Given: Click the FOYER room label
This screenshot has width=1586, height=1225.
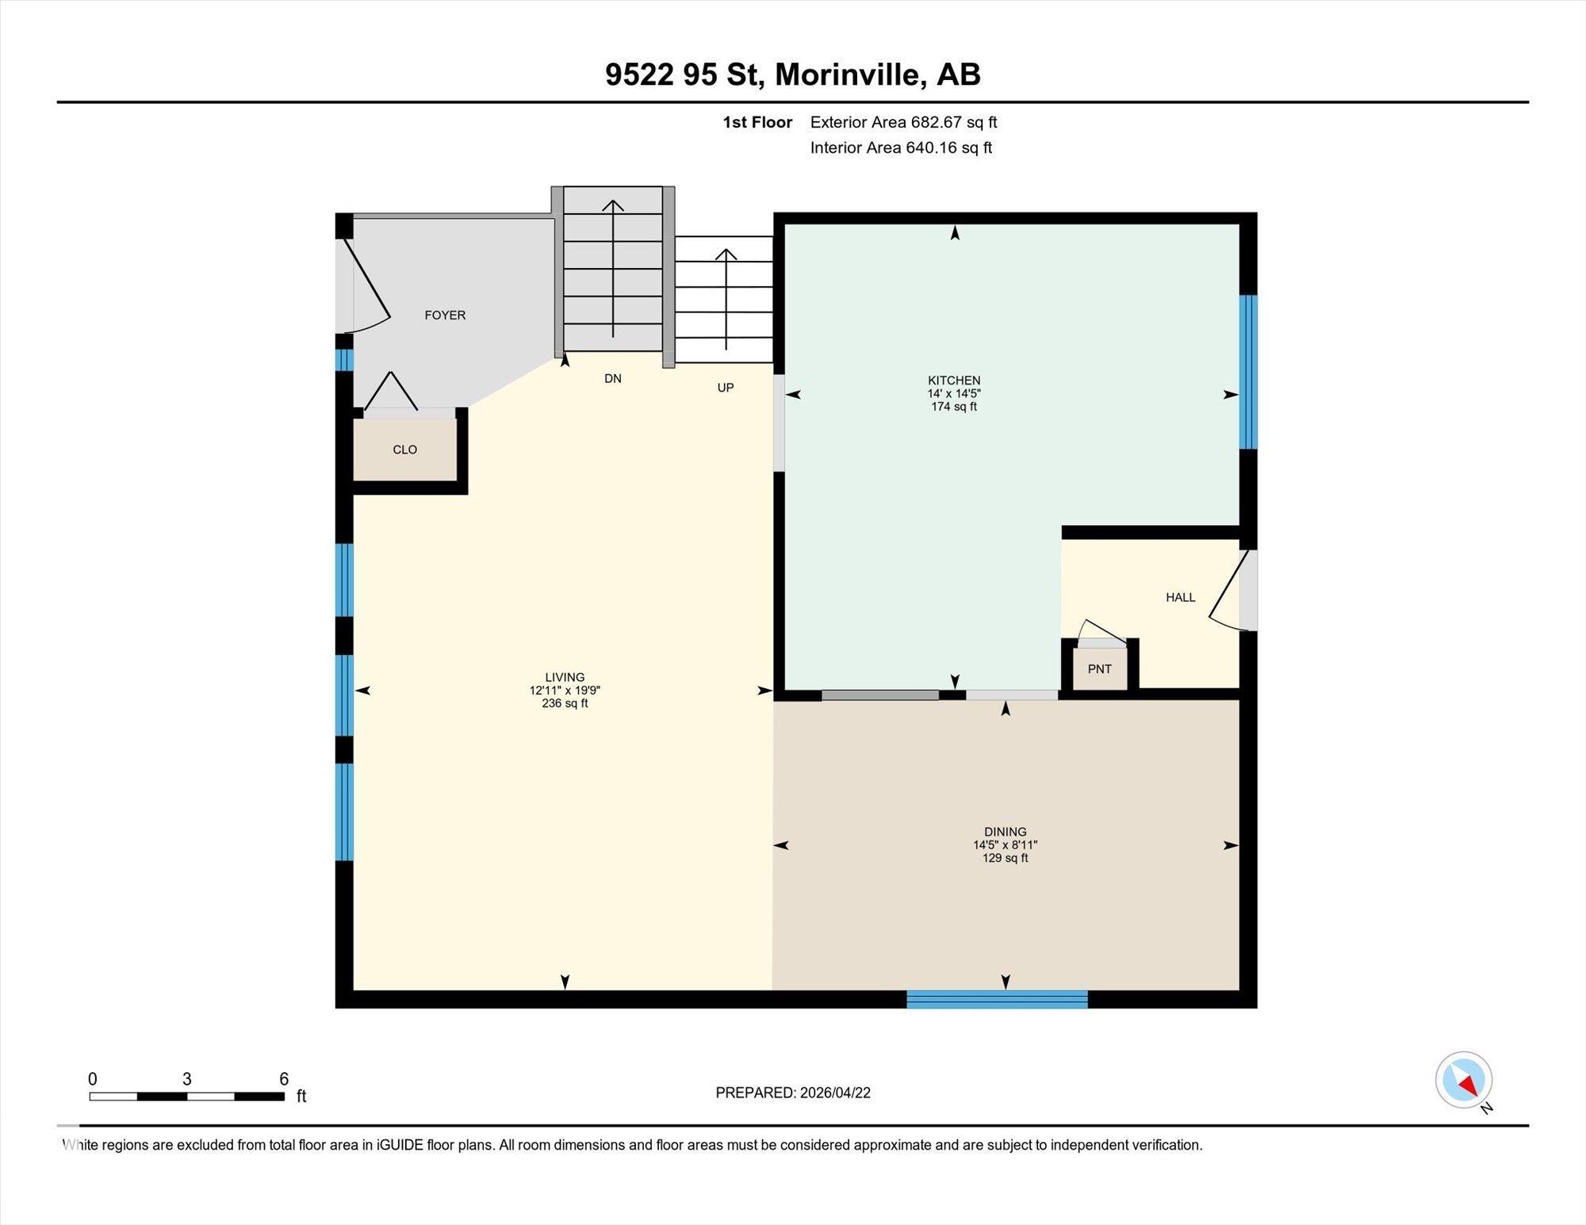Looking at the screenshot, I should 445,315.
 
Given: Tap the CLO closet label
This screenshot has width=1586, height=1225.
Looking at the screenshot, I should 404,450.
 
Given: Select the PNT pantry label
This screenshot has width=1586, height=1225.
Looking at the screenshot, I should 1099,668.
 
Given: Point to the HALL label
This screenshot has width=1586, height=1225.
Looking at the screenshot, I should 1180,597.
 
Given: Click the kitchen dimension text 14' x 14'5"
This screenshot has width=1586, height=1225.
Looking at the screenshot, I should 954,393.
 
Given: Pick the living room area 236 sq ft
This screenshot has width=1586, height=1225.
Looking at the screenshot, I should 565,703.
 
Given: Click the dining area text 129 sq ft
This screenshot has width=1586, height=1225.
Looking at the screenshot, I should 1005,858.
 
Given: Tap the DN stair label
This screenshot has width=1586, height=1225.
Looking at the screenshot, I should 612,378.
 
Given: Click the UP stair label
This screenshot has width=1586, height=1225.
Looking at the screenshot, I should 725,388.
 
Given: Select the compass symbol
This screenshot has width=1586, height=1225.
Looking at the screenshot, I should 1464,1080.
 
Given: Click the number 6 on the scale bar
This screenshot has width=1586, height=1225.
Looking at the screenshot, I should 284,1078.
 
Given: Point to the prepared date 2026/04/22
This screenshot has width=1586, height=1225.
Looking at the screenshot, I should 834,1093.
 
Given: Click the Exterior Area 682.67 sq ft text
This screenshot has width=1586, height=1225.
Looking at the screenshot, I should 903,122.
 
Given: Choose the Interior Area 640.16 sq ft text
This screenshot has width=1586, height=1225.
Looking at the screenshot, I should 901,147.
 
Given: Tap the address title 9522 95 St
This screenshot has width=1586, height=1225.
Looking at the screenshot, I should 684,75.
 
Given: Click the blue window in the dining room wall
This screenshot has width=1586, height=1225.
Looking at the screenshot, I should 997,999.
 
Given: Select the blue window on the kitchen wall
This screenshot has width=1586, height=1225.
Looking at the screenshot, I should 1248,371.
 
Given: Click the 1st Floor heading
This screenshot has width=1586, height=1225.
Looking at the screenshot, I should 757,122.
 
